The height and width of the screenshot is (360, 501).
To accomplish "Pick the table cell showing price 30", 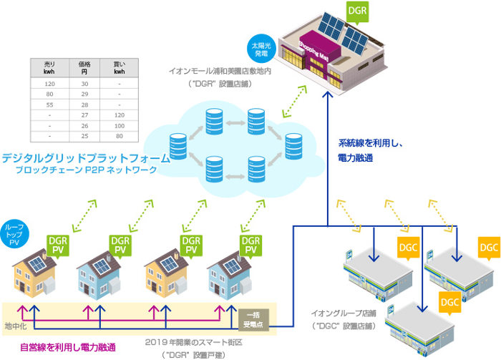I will point(84,84).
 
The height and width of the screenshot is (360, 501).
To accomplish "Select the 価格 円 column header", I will point(84,68).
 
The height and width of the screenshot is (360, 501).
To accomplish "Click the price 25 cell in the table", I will point(84,135).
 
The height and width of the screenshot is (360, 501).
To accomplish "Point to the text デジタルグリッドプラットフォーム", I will point(85,158).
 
